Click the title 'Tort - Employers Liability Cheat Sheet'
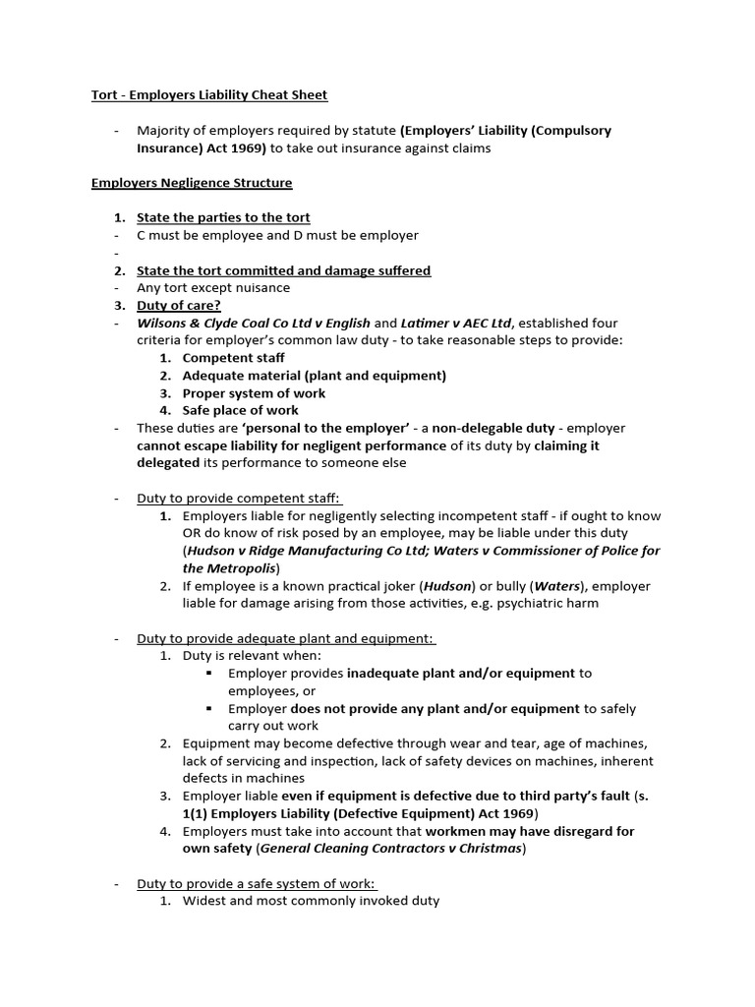[209, 95]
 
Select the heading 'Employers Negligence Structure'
[192, 183]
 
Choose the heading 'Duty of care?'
[179, 305]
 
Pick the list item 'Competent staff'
[233, 358]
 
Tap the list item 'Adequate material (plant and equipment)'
[314, 376]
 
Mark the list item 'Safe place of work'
[240, 410]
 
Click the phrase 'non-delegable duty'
[494, 428]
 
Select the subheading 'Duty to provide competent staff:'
[239, 499]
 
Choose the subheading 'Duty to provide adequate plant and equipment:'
[285, 638]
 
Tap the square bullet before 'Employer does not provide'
[210, 708]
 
